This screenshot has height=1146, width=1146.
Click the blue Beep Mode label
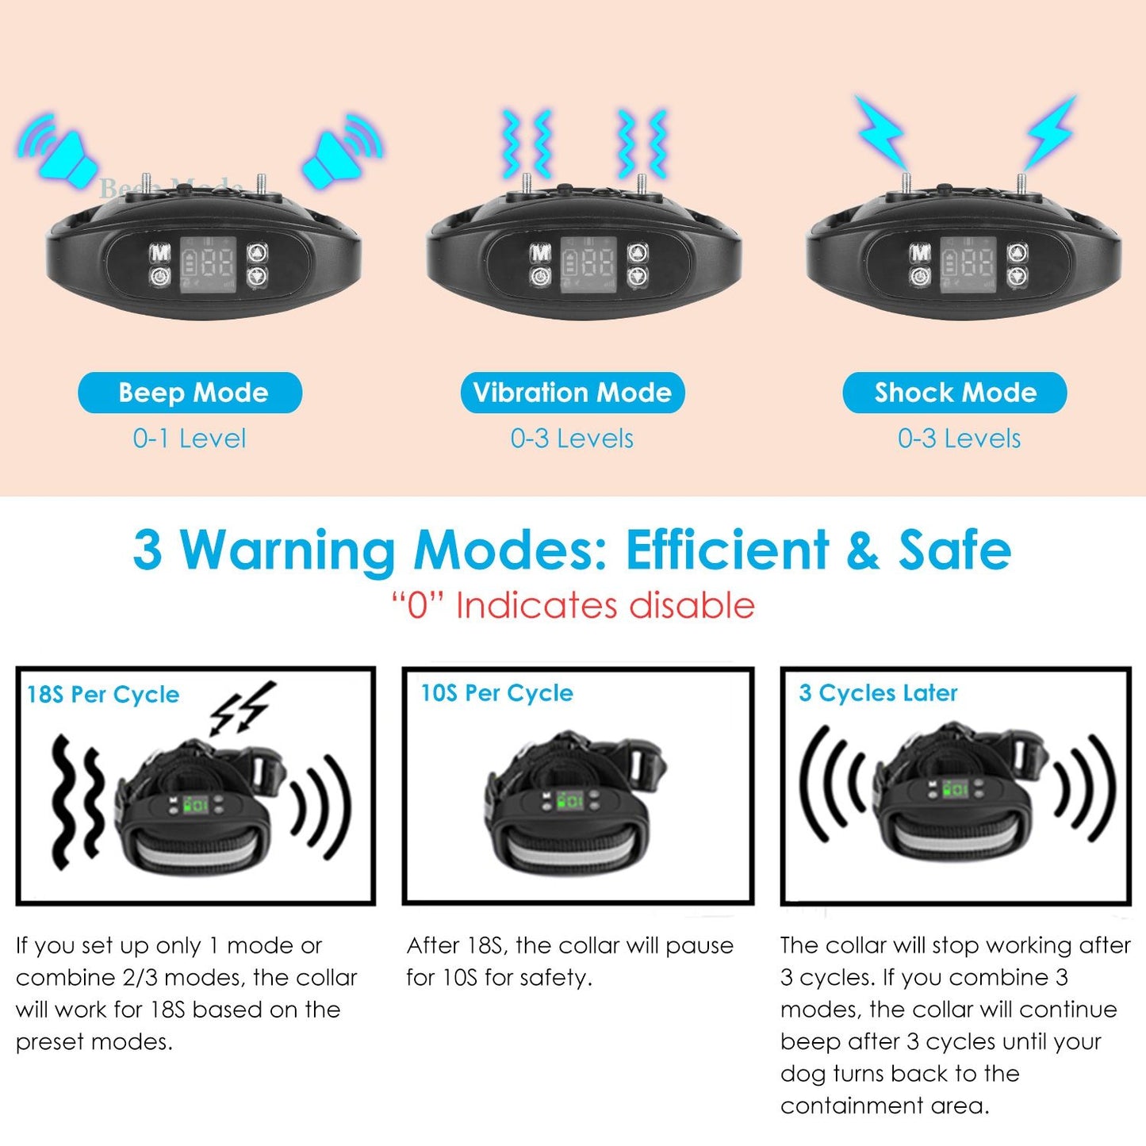coord(190,393)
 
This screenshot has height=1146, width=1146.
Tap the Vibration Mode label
coord(572,393)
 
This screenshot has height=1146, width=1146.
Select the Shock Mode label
coord(955,393)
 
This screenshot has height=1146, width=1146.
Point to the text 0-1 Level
coord(189,439)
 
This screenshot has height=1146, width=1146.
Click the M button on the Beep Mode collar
coord(159,252)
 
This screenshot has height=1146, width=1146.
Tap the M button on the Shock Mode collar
coord(920,253)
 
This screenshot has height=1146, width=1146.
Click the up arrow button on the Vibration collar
coord(638,253)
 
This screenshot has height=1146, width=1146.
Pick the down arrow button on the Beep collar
coord(257,277)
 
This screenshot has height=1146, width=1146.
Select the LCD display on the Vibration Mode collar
coord(588,265)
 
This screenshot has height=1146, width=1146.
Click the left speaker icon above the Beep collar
coord(56,148)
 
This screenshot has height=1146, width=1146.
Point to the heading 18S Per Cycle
coord(103,694)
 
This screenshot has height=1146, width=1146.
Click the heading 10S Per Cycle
coord(497,693)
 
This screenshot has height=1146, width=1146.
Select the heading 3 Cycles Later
coord(879,693)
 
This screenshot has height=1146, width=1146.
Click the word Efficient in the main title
coord(726,550)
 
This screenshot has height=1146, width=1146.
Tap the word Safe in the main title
coord(955,550)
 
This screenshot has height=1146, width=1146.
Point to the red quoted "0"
coord(419,606)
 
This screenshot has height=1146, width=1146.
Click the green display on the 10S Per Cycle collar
coord(569,801)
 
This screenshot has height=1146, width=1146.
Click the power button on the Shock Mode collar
coord(920,277)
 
